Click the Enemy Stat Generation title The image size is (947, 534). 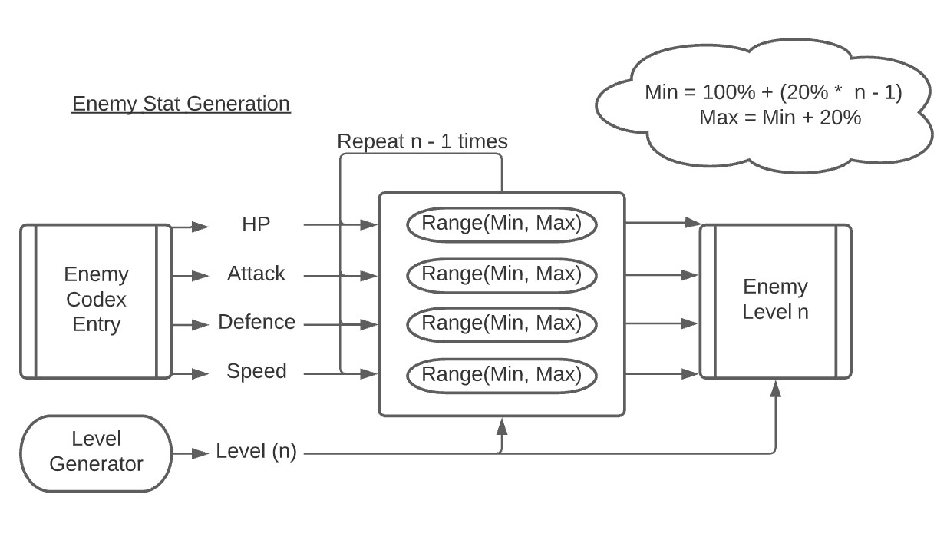pos(181,104)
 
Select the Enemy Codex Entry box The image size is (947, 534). pos(96,300)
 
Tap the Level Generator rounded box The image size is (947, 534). pos(96,452)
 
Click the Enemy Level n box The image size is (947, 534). pos(775,300)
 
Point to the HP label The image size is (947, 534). pos(256,224)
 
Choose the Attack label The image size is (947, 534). pos(256,274)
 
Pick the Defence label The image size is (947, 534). pos(256,323)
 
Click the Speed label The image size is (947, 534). pos(256,372)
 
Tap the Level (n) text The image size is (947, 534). pos(256,452)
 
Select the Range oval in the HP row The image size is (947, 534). pos(502,224)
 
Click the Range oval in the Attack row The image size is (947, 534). pos(502,274)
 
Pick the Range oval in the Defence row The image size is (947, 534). pos(502,323)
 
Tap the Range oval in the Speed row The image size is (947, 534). pos(502,375)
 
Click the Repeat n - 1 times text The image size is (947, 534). pos(422,142)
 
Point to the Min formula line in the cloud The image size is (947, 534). pos(773,93)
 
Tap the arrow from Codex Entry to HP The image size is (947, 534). pos(190,227)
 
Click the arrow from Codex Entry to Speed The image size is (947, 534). pos(190,374)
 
